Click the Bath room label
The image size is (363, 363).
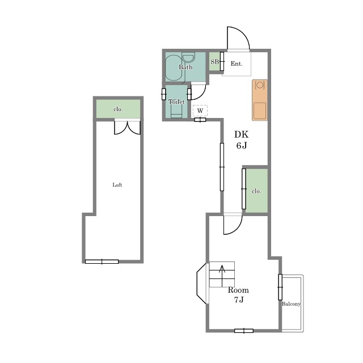pyautogui.click(x=185, y=67)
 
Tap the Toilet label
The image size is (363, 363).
pyautogui.click(x=176, y=102)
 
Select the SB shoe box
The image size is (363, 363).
pyautogui.click(x=214, y=62)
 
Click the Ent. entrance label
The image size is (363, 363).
pyautogui.click(x=237, y=64)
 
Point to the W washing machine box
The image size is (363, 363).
pyautogui.click(x=200, y=111)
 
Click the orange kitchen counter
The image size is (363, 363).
pyautogui.click(x=260, y=100)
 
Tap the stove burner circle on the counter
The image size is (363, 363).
pyautogui.click(x=260, y=85)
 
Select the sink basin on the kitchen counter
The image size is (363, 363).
pyautogui.click(x=260, y=111)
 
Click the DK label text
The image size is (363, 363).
pyautogui.click(x=241, y=134)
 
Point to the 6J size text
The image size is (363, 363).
pyautogui.click(x=242, y=145)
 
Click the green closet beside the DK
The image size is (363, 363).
pyautogui.click(x=256, y=191)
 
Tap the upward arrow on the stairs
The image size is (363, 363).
pyautogui.click(x=222, y=276)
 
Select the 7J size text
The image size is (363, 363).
pyautogui.click(x=239, y=300)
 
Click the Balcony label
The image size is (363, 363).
pyautogui.click(x=291, y=304)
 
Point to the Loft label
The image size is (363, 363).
pyautogui.click(x=117, y=185)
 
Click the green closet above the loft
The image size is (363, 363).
pyautogui.click(x=118, y=109)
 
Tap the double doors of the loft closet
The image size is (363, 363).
pyautogui.click(x=127, y=127)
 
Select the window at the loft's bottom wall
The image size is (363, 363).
pyautogui.click(x=102, y=261)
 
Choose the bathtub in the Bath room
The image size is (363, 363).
pyautogui.click(x=174, y=67)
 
